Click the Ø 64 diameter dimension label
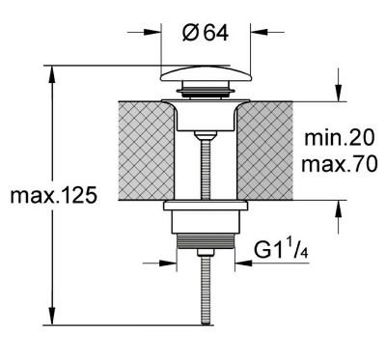[x=206, y=33]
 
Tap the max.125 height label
[x=53, y=196]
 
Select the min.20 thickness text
[x=340, y=138]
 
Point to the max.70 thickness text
[x=340, y=164]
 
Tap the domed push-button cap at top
[x=206, y=73]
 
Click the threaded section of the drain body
[x=206, y=241]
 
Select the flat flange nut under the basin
[x=206, y=206]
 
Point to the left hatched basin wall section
[x=147, y=151]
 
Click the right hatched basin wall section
[x=264, y=151]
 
